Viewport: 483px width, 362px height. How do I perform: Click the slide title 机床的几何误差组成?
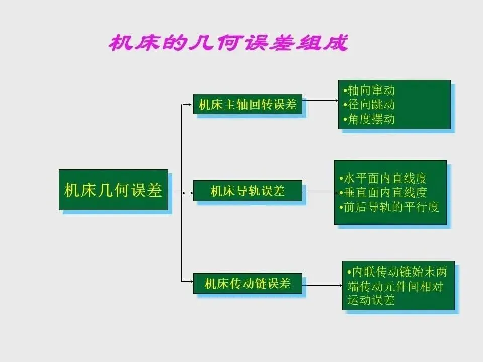click(x=228, y=43)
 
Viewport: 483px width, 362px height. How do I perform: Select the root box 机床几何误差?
click(x=113, y=190)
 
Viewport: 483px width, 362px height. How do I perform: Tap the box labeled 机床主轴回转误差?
click(x=248, y=104)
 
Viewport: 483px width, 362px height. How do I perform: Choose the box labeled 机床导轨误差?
click(x=248, y=191)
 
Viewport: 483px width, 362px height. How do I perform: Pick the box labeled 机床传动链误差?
click(x=248, y=283)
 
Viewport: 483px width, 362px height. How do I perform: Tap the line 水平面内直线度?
click(x=383, y=178)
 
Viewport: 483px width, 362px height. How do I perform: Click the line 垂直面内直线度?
click(x=383, y=192)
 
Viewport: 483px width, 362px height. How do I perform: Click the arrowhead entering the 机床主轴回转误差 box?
click(x=190, y=105)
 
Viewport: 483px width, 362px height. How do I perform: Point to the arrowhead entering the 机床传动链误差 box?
click(x=190, y=281)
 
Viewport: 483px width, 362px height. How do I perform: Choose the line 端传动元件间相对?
click(x=397, y=286)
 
